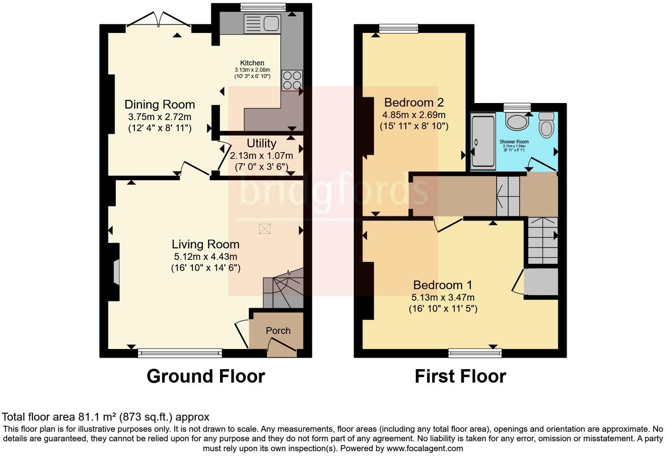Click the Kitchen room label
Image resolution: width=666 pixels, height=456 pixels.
(x=252, y=63)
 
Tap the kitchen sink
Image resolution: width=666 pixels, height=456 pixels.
(x=262, y=24)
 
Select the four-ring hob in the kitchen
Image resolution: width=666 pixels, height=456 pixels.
(x=292, y=80)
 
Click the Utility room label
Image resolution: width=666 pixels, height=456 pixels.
(x=261, y=143)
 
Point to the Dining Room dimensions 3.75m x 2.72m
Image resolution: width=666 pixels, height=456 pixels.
(x=159, y=117)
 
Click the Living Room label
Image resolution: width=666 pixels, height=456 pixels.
(x=205, y=244)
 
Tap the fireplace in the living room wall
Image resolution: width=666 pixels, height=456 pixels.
(x=116, y=272)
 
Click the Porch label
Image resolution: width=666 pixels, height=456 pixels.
(x=278, y=331)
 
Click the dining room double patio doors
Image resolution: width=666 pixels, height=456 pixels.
(x=159, y=21)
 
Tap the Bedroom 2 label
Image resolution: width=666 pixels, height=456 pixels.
(x=414, y=103)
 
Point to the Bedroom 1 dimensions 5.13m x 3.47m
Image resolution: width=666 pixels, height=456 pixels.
(x=443, y=297)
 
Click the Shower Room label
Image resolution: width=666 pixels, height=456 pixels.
(x=514, y=142)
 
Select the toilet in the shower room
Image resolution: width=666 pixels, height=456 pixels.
(x=546, y=125)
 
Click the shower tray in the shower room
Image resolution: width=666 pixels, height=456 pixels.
(x=483, y=140)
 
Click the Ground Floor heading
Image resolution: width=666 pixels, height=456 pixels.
(x=205, y=376)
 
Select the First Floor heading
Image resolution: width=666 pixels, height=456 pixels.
(x=460, y=376)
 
